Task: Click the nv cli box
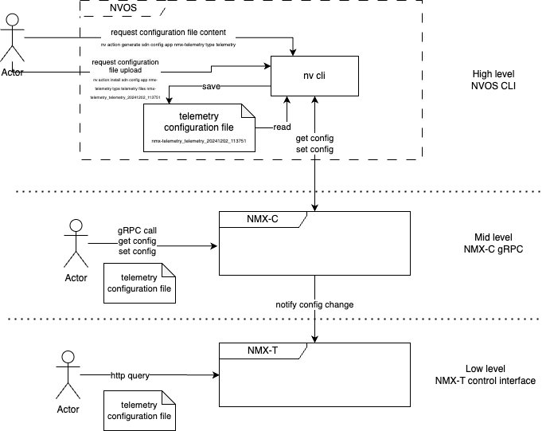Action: tap(317, 76)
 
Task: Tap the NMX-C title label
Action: tap(259, 220)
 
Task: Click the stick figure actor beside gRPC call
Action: tap(76, 243)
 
